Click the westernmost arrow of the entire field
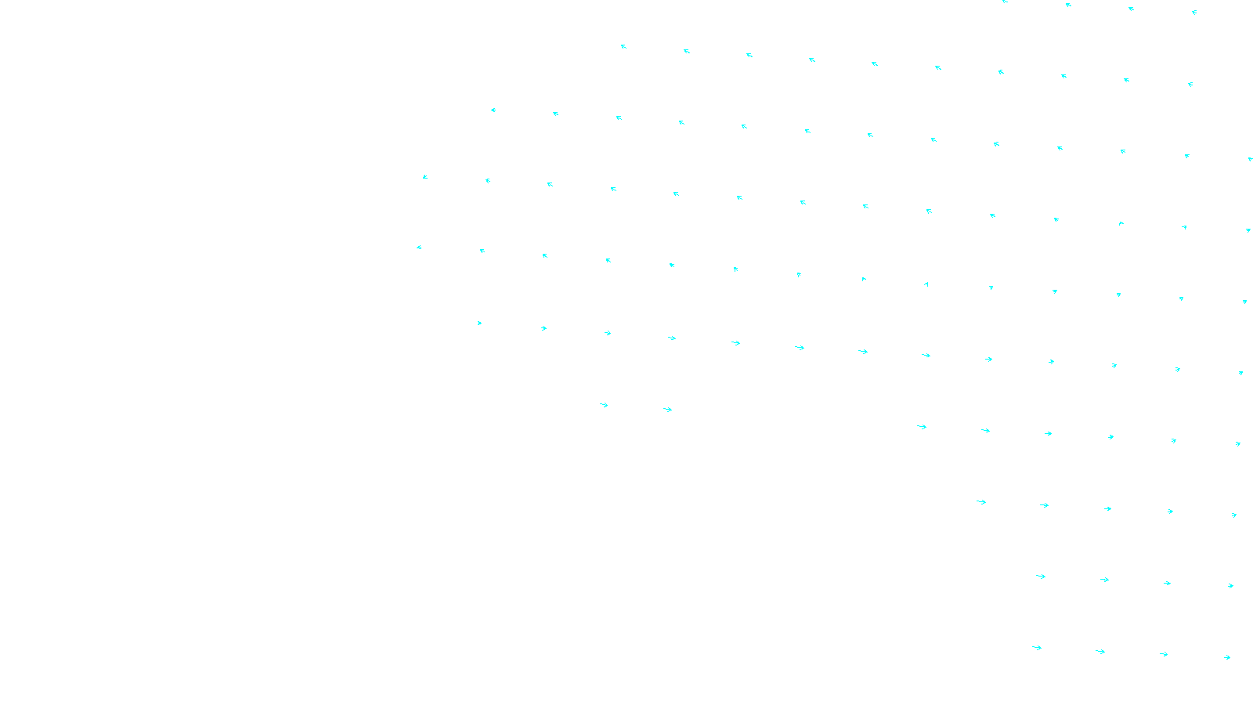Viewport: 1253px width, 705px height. click(x=419, y=248)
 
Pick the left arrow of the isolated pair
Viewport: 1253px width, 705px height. click(x=604, y=405)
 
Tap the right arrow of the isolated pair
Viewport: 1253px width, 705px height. click(x=667, y=410)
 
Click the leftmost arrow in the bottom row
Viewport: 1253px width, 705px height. click(x=1037, y=648)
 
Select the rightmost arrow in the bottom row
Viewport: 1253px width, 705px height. click(x=1227, y=658)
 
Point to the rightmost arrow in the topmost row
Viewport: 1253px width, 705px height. click(x=1194, y=13)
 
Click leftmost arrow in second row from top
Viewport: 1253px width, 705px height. click(x=623, y=47)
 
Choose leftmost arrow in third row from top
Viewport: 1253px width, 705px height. click(x=493, y=110)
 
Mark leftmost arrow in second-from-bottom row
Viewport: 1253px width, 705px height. click(x=1041, y=577)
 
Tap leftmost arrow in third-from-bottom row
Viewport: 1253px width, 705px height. click(x=981, y=502)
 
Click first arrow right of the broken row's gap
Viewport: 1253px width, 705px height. click(x=922, y=427)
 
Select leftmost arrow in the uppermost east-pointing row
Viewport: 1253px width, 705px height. click(x=479, y=323)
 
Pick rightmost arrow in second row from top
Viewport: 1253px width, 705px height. click(x=1190, y=85)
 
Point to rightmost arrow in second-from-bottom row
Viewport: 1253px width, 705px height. click(x=1231, y=586)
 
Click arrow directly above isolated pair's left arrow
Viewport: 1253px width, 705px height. click(x=608, y=333)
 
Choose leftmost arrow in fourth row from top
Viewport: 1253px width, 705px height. click(x=424, y=177)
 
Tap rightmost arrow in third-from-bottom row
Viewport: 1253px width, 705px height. click(x=1234, y=515)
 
